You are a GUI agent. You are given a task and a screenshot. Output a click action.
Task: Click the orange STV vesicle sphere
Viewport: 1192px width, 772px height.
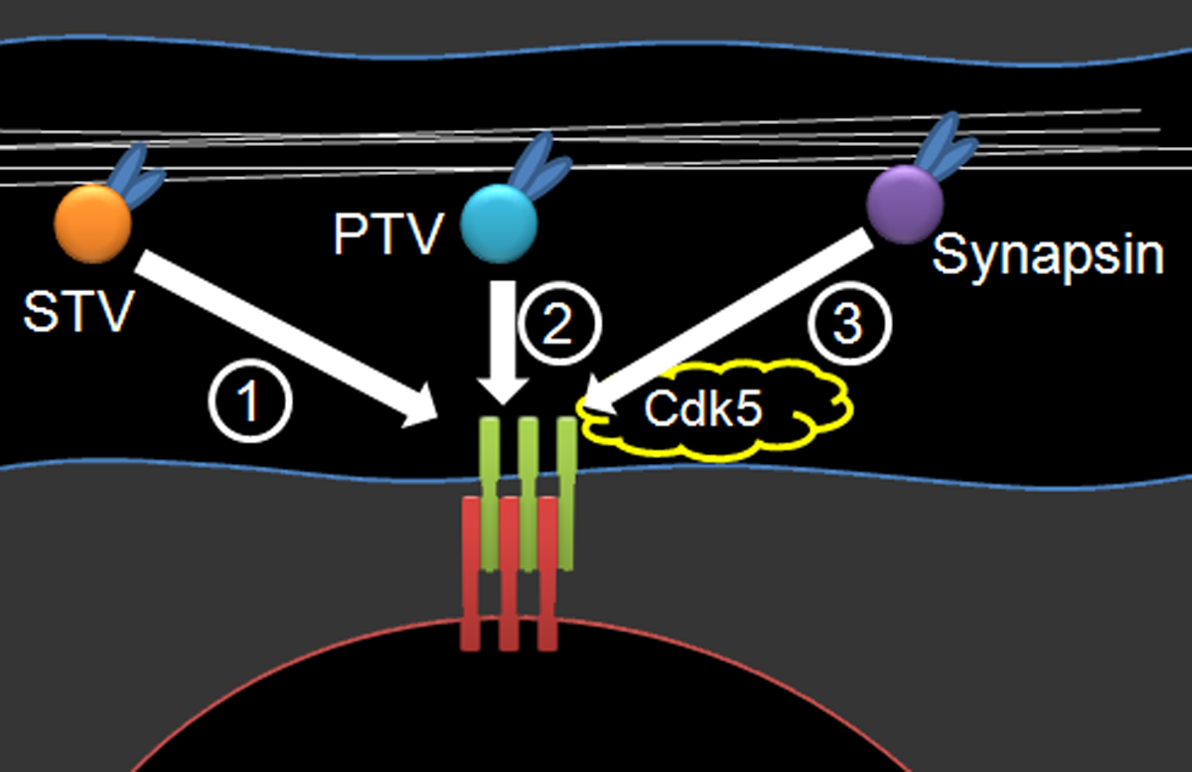click(93, 225)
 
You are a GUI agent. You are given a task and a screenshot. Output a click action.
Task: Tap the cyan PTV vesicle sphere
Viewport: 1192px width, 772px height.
click(499, 225)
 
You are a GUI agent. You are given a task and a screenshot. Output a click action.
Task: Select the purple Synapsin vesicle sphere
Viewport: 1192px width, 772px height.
click(905, 205)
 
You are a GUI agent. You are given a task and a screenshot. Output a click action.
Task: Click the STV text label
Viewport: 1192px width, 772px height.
click(78, 312)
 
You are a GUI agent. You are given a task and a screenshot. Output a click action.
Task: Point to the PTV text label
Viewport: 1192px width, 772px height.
click(388, 233)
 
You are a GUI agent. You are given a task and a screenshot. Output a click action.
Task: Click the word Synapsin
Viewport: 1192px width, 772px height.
click(1048, 256)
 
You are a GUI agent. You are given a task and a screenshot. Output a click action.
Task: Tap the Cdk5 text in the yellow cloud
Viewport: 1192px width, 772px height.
click(703, 409)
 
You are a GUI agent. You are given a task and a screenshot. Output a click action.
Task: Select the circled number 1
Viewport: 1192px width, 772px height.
click(250, 401)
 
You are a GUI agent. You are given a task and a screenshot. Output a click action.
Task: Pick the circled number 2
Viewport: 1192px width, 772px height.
click(560, 324)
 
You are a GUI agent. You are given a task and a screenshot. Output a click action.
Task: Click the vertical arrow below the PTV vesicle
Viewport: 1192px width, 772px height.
click(503, 342)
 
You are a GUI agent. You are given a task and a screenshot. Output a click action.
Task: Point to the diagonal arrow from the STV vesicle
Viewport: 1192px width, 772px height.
click(286, 339)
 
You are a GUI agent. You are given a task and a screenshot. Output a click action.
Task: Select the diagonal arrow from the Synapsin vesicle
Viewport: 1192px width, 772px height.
click(728, 322)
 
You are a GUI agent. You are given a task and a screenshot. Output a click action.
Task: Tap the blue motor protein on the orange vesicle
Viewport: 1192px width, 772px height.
click(135, 176)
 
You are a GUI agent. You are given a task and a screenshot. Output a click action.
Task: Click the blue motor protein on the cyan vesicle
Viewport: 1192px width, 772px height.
click(539, 166)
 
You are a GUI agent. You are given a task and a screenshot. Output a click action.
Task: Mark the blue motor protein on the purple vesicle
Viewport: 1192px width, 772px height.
click(946, 145)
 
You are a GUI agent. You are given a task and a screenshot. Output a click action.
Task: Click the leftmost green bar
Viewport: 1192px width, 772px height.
click(489, 494)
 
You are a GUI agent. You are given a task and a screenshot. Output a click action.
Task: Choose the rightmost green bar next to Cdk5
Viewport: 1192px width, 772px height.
click(567, 494)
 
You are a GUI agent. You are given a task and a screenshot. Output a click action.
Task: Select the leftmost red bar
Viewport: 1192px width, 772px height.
click(471, 573)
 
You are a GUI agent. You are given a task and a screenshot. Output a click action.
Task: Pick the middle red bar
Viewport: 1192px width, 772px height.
click(510, 573)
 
